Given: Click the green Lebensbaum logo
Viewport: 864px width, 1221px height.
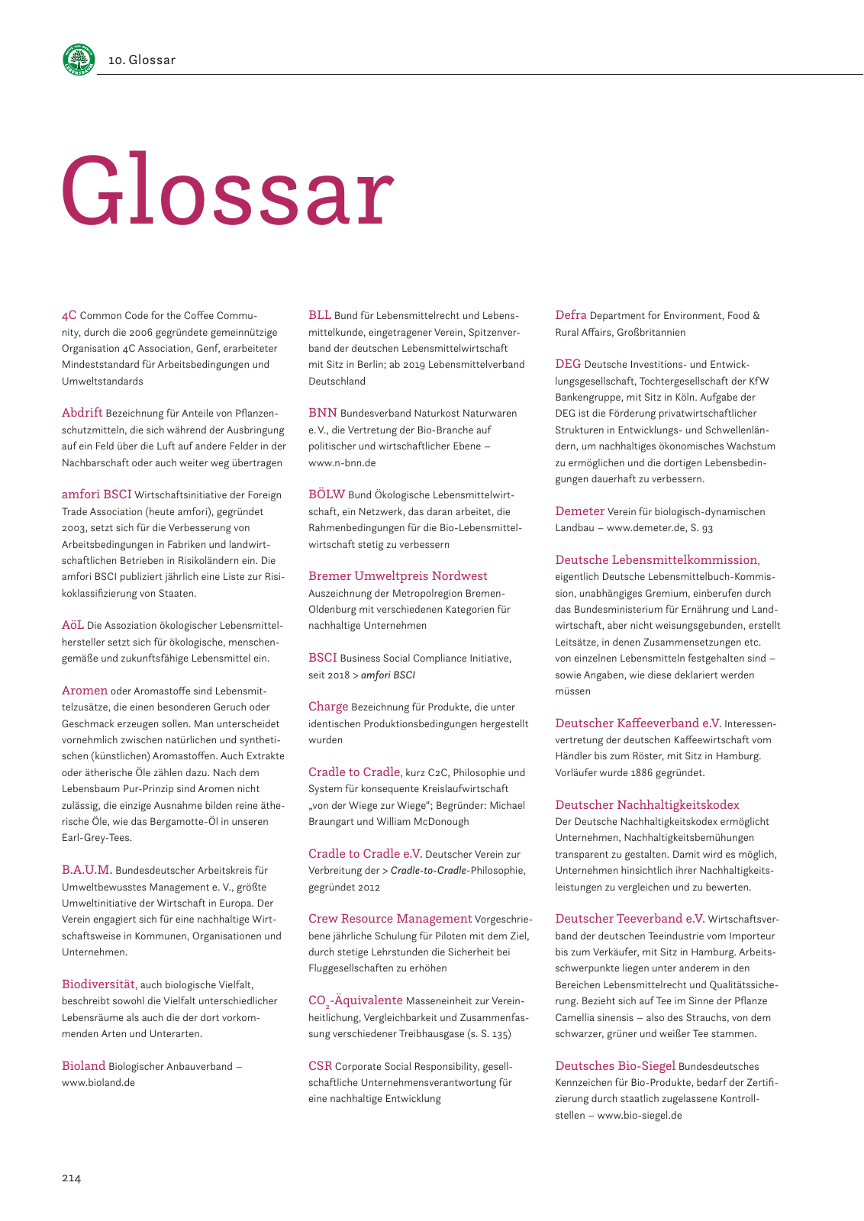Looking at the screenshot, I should pyautogui.click(x=79, y=60).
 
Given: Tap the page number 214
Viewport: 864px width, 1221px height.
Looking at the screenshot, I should pyautogui.click(x=71, y=1178).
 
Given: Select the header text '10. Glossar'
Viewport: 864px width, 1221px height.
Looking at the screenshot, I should pyautogui.click(x=142, y=60).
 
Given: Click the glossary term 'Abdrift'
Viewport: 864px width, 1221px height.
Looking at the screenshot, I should pyautogui.click(x=82, y=413).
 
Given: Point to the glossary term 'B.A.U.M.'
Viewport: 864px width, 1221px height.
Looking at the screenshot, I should pyautogui.click(x=87, y=870).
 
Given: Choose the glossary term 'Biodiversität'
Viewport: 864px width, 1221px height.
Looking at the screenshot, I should pyautogui.click(x=98, y=984).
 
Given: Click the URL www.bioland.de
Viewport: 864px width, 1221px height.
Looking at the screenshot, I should pyautogui.click(x=98, y=1083).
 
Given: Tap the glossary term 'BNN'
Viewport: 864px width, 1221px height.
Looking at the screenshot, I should pyautogui.click(x=322, y=413).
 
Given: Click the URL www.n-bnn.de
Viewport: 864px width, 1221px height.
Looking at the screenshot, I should pyautogui.click(x=342, y=462).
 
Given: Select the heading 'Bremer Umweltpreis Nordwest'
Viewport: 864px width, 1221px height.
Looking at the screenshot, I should pyautogui.click(x=398, y=576).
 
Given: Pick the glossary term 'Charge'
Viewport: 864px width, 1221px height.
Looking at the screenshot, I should pyautogui.click(x=328, y=707).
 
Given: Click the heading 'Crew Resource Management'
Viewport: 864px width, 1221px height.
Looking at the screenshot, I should pyautogui.click(x=390, y=919).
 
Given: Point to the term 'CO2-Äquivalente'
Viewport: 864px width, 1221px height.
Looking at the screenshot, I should pyautogui.click(x=355, y=1000).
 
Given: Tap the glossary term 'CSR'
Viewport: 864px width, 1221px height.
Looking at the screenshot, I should pyautogui.click(x=320, y=1066).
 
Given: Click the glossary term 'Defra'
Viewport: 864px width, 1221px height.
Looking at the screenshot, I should pyautogui.click(x=571, y=315).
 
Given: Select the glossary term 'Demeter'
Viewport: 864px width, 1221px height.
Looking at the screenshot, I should pyautogui.click(x=579, y=511).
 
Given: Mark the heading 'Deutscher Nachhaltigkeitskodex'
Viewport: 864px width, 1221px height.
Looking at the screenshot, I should pyautogui.click(x=647, y=805).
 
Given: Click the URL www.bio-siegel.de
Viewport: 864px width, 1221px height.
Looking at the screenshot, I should pyautogui.click(x=640, y=1116).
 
